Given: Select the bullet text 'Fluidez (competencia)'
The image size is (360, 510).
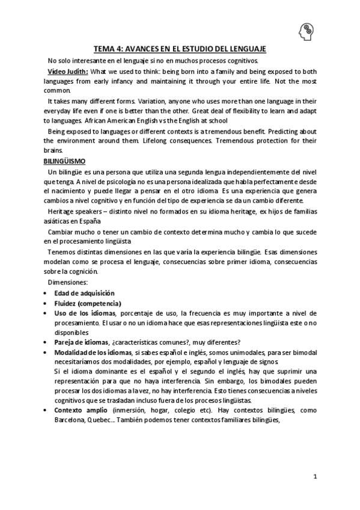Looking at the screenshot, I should point(87,303).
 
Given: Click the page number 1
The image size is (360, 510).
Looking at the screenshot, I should point(315,476).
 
